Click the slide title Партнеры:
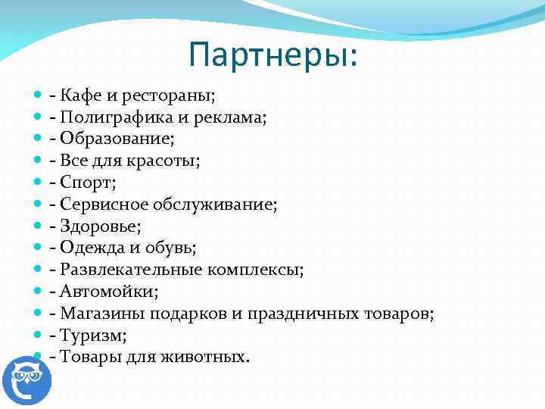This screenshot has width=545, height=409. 276,54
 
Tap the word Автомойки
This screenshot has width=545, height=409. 104,292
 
